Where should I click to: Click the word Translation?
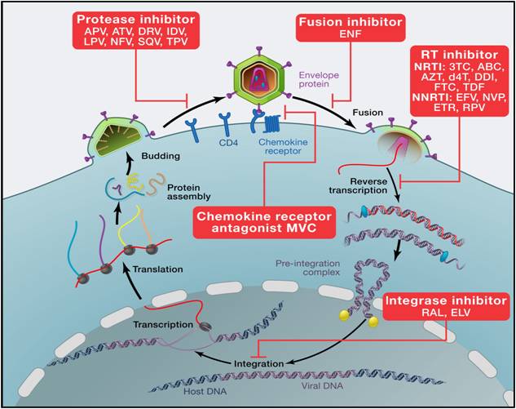coord(156,269)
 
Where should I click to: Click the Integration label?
coord(260,360)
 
